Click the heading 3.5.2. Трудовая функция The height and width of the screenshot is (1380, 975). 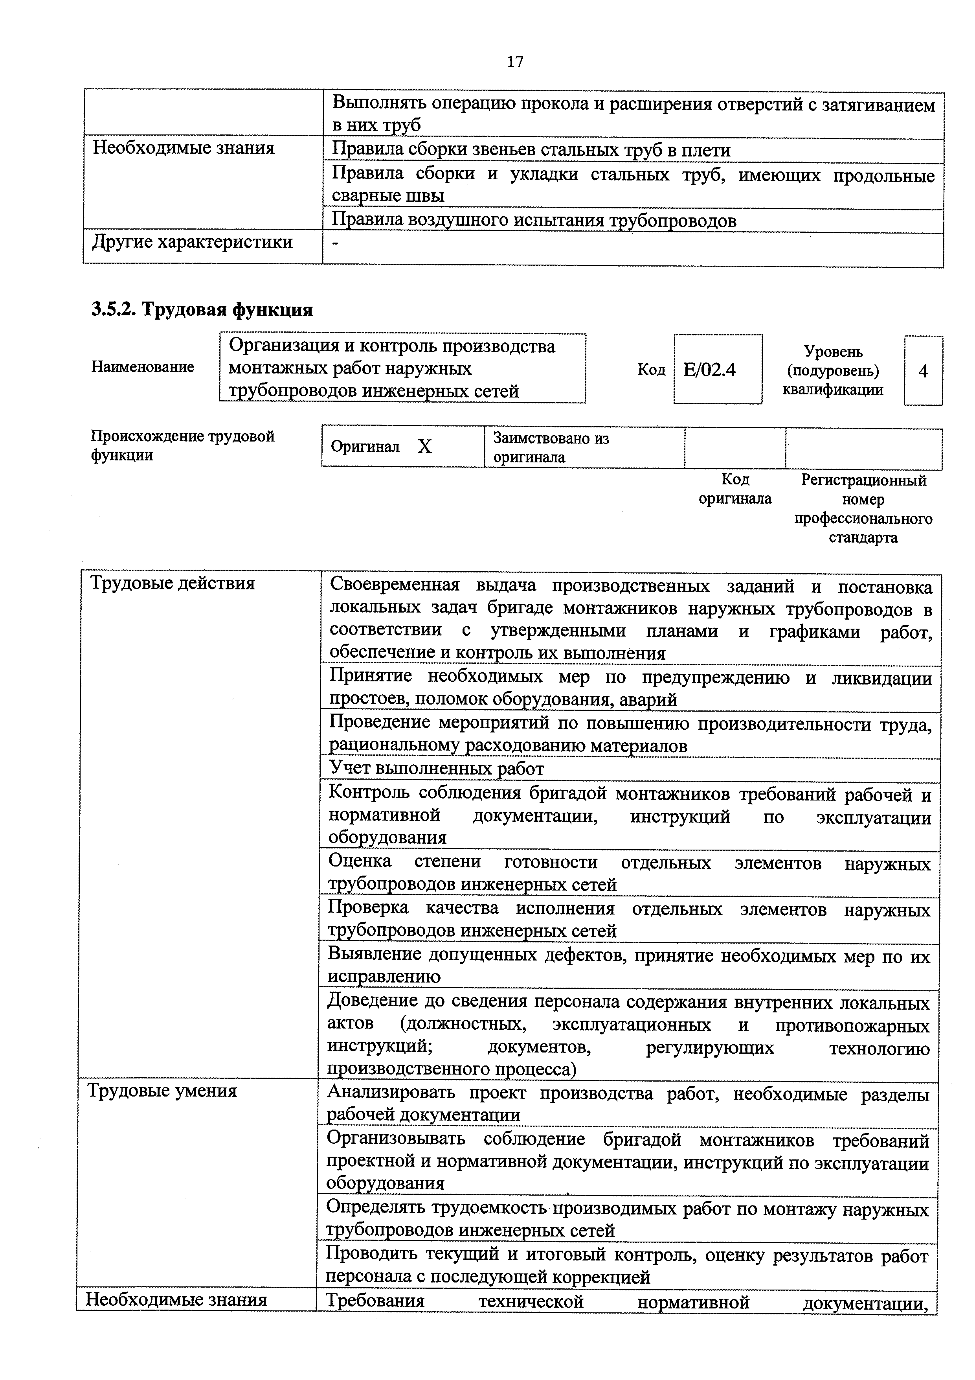pyautogui.click(x=202, y=309)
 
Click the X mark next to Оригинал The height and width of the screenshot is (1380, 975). pyautogui.click(x=425, y=447)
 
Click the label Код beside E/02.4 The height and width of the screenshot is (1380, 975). pyautogui.click(x=651, y=370)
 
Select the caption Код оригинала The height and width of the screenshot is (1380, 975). pyautogui.click(x=735, y=489)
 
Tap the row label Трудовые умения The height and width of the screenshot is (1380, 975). pyautogui.click(x=162, y=1090)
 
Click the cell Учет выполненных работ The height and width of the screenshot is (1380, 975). pyautogui.click(x=436, y=769)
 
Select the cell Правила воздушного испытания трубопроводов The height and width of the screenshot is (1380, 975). pyautogui.click(x=534, y=221)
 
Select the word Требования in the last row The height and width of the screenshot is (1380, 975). pyautogui.click(x=375, y=1301)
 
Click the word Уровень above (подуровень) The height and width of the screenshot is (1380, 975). pyautogui.click(x=833, y=351)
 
